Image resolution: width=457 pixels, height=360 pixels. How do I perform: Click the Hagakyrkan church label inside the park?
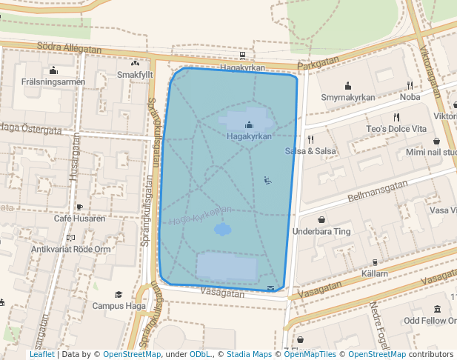pos(249,136)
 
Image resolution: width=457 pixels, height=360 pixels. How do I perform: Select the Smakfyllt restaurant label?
pos(135,76)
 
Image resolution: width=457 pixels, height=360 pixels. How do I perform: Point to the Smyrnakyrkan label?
pos(347,97)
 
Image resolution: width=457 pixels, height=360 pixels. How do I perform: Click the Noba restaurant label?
pos(410,97)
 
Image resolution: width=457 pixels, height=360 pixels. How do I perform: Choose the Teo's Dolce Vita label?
pos(396,128)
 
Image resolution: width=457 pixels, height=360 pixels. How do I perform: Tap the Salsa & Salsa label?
pos(311,151)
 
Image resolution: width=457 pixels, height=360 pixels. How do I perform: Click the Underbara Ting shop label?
pos(321,231)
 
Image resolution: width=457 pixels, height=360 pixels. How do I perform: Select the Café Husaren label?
pos(79,219)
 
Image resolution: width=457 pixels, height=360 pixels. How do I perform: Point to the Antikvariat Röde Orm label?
pos(70,249)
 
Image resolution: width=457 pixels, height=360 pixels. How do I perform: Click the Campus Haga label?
pos(119,305)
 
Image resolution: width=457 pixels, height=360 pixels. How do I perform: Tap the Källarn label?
pos(375,273)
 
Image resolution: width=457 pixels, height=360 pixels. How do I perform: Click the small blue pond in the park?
pos(223,230)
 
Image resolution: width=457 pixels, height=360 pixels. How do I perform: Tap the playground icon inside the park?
pos(267,180)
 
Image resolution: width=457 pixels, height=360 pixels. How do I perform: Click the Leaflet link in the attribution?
pos(41,354)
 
